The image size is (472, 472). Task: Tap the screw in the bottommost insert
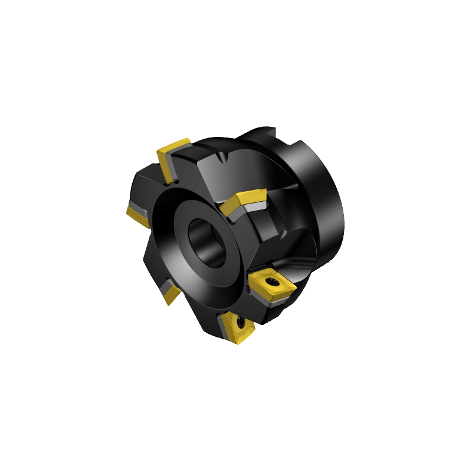tap(241, 323)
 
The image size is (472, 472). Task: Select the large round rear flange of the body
tap(322, 195)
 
